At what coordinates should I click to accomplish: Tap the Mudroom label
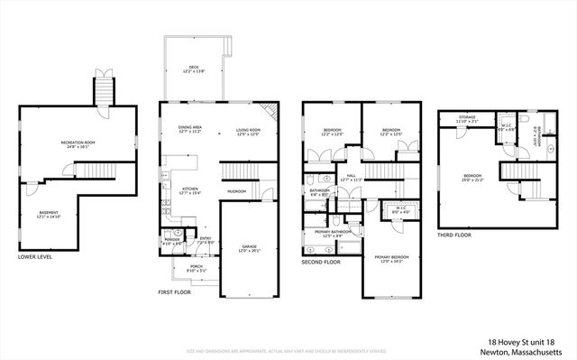point(237,191)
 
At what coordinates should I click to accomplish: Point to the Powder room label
point(170,241)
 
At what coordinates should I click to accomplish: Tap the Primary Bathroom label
point(333,232)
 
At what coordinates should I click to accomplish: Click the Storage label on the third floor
point(466,118)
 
